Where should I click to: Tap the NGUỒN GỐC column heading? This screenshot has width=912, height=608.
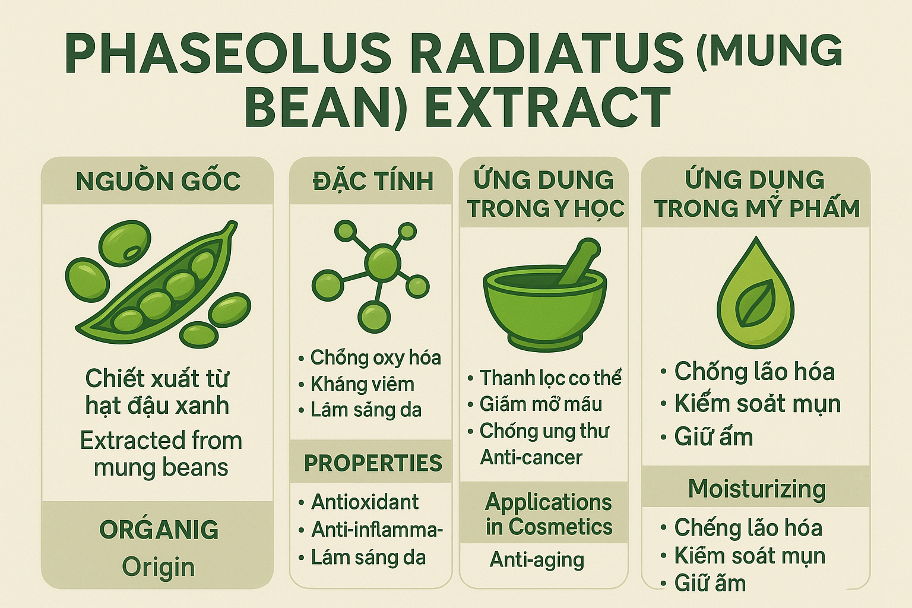pos(159,181)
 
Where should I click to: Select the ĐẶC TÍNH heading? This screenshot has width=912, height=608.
pos(373,181)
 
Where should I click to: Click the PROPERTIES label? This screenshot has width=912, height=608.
pos(373,463)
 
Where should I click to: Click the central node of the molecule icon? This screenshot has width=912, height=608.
pos(382,262)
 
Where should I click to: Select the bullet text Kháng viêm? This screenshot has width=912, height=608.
pos(362,384)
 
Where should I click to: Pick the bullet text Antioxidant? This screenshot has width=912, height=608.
pos(365,502)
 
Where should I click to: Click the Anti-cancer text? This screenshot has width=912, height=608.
pos(531,457)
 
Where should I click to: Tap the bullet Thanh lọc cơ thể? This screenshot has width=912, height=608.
pos(550,378)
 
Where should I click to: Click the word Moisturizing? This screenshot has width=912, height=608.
pos(757,489)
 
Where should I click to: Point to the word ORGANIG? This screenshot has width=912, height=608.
pos(159,530)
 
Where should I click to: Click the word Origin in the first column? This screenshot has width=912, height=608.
pos(159,567)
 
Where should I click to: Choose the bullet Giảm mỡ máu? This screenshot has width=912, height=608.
pos(540,404)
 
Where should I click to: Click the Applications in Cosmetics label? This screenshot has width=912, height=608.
pos(549,514)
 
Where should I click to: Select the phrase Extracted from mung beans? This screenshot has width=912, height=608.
pos(161,454)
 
